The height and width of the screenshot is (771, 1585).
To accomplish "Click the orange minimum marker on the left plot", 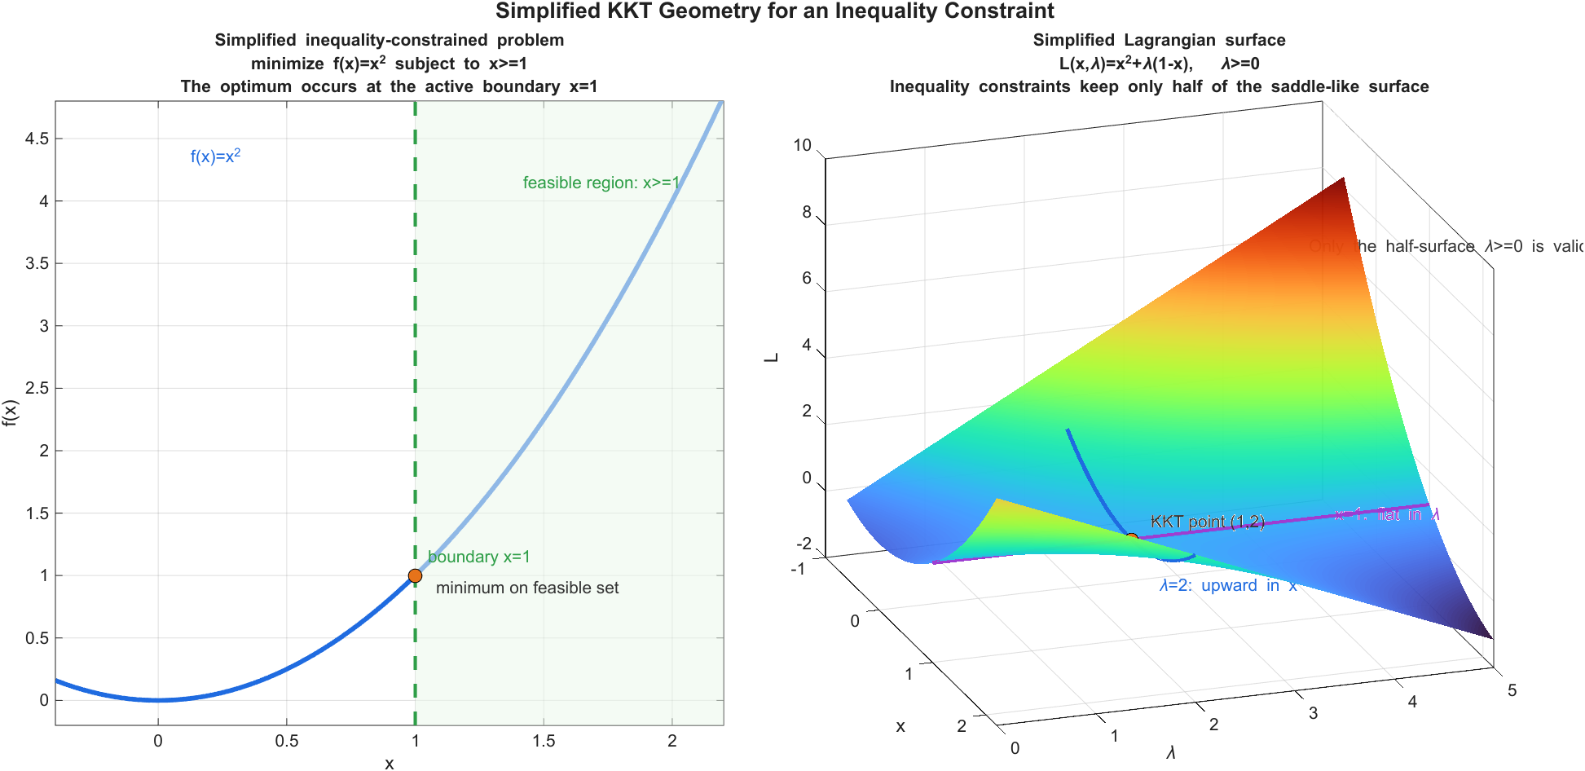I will point(415,575).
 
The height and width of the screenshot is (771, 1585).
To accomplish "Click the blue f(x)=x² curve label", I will point(215,156).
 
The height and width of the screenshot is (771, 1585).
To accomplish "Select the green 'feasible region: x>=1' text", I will point(601,183).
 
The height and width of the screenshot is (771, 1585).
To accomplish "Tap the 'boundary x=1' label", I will point(478,557).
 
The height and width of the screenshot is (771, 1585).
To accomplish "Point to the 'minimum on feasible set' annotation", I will point(527,588).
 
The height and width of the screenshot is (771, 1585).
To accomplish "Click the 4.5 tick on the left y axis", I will point(37,139).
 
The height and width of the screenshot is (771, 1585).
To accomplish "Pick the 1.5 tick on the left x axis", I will point(544,741).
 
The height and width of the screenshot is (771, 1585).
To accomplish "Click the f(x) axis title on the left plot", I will point(10,412).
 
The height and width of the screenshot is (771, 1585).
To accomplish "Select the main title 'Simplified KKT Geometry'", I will point(774,11).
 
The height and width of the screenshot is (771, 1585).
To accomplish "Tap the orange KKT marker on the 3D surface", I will point(1131,539).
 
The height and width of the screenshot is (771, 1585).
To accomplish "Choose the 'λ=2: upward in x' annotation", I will point(1227,585).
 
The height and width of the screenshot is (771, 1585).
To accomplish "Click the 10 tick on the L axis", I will point(803,145).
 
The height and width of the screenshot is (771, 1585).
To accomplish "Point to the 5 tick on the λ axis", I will point(1512,690).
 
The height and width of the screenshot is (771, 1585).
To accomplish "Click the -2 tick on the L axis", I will point(804,544).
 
